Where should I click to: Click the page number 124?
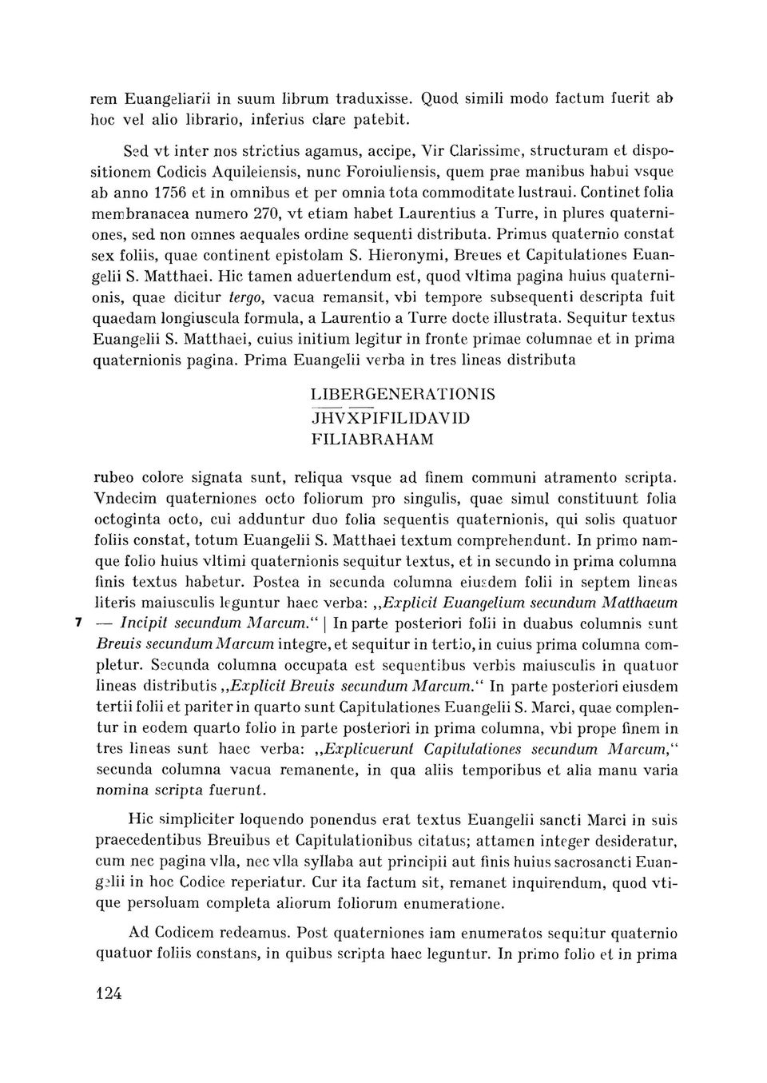click(107, 993)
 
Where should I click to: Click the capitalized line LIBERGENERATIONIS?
click(402, 396)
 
